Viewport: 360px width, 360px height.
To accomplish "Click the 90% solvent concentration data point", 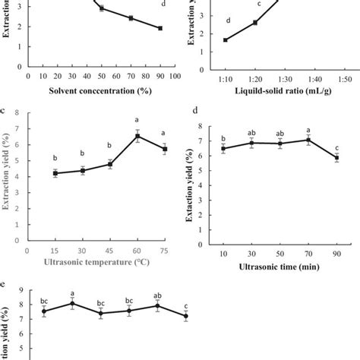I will point(160,28).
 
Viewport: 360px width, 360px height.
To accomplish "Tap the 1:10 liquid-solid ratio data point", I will point(226,39).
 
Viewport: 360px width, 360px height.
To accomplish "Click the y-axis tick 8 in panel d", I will point(200,127).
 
